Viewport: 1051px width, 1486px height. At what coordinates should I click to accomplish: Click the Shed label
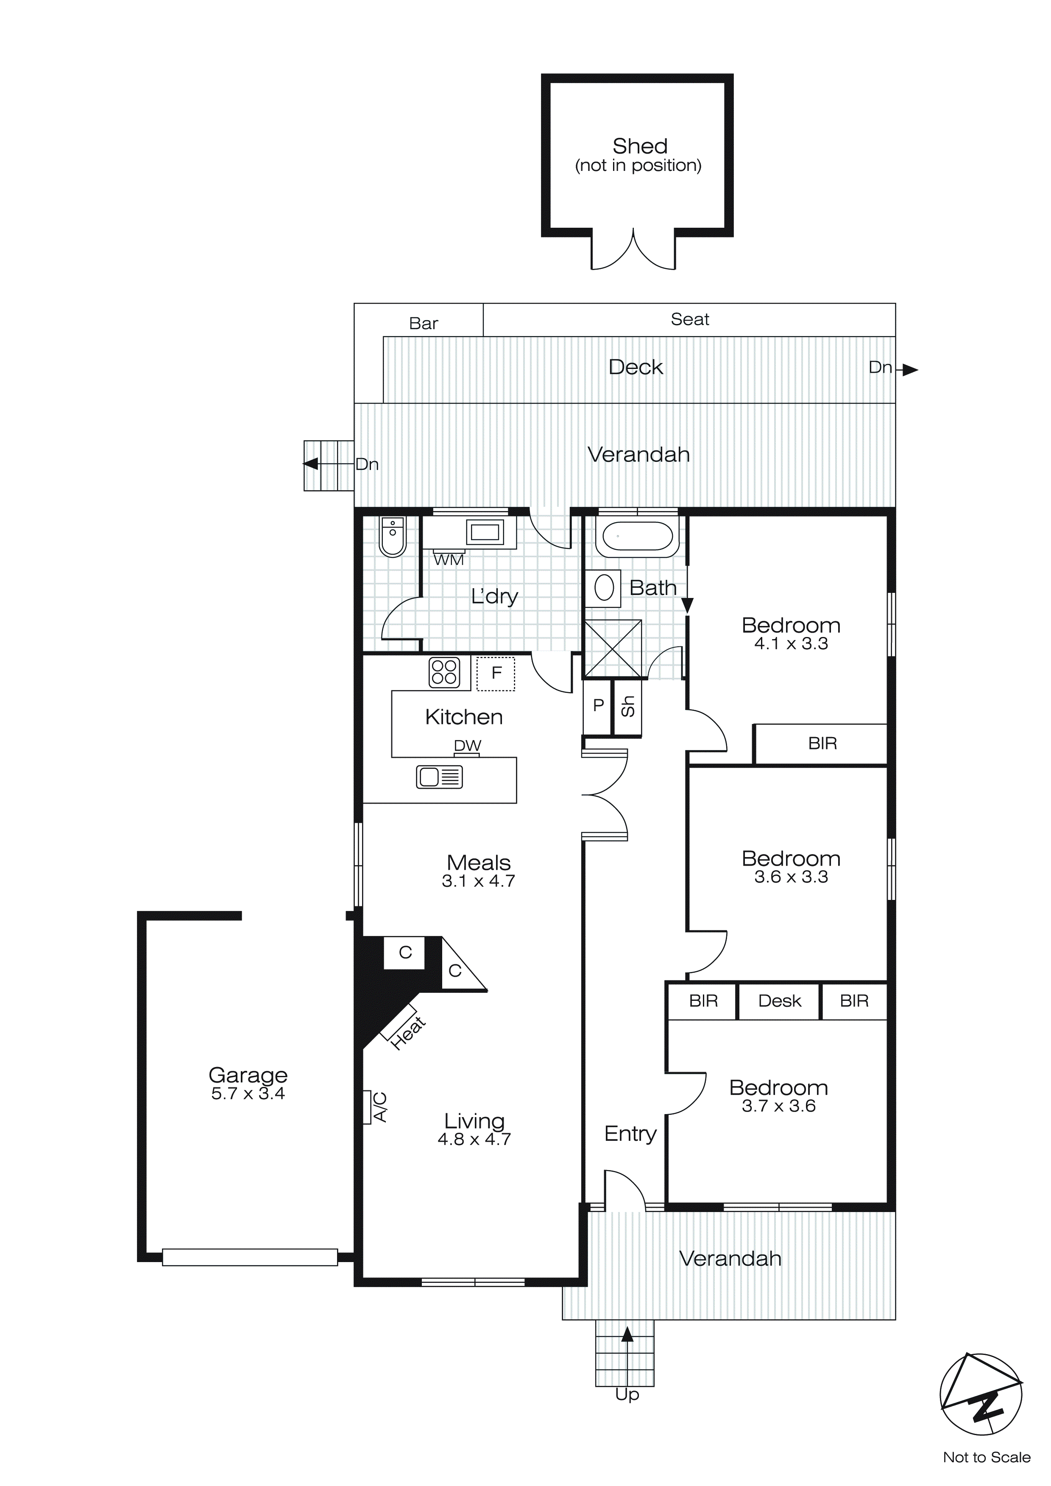pos(639,147)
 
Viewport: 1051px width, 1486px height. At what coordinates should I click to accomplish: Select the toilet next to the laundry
pos(392,537)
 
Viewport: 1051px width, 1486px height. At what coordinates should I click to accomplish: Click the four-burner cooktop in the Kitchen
pos(444,673)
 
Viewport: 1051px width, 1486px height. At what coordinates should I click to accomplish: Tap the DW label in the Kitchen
pos(467,746)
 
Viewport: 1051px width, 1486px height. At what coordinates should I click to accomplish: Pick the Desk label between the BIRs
pos(779,1001)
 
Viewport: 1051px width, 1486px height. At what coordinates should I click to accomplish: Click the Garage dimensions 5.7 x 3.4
pos(248,1093)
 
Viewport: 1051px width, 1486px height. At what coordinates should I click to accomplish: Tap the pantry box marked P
pos(598,705)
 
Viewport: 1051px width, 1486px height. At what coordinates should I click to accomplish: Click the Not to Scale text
pos(986,1458)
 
